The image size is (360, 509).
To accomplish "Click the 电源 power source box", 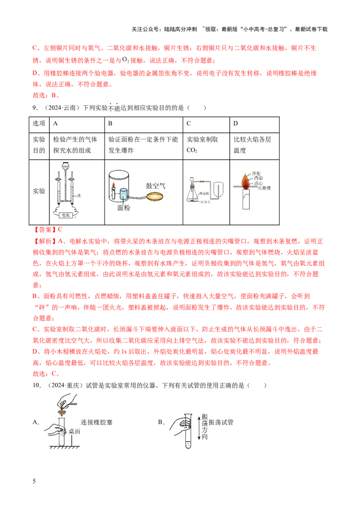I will tap(66, 215).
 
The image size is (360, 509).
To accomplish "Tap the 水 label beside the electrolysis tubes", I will tap(79, 196).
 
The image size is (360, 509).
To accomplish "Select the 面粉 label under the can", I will tap(123, 208).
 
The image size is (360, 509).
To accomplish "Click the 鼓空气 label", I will tap(155, 185).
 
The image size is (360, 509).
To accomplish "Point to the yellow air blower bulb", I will tap(156, 197).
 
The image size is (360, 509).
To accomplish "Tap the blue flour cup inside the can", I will tap(123, 194).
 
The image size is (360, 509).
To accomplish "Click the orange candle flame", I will tap(245, 181).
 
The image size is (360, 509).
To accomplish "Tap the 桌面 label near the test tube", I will tap(74, 431).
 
